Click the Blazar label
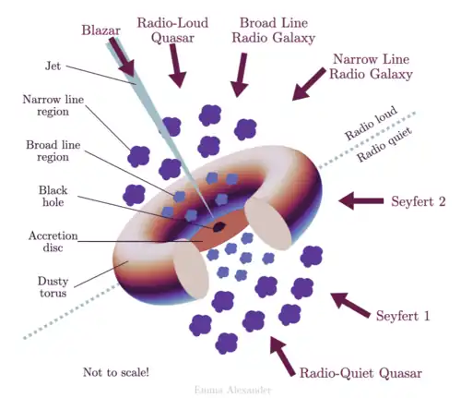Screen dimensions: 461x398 coord(100,30)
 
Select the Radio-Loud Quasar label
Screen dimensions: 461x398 coord(172,30)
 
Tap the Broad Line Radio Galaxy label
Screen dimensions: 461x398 coord(274,30)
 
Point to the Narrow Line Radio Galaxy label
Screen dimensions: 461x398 coord(371,66)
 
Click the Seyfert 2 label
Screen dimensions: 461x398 coord(419,201)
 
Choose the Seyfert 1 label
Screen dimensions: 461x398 coord(403,316)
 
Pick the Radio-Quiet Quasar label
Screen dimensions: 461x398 coord(361,373)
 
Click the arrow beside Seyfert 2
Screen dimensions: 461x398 coord(361,201)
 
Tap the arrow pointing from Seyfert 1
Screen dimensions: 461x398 coord(350,305)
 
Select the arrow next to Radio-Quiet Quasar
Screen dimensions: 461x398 coord(282,356)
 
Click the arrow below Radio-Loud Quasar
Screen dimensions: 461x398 coord(176,66)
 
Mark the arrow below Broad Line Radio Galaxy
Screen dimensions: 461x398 coord(240,75)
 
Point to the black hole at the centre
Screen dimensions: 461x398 coord(219,227)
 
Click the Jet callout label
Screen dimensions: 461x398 coord(53,66)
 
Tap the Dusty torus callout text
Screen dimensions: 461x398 coord(53,287)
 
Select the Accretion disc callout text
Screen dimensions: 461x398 coord(53,242)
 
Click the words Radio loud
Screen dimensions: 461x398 coord(371,123)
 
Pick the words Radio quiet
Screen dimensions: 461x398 coord(384,145)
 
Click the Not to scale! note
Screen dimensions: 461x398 coord(116,372)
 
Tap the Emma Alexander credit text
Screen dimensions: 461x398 coord(232,391)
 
